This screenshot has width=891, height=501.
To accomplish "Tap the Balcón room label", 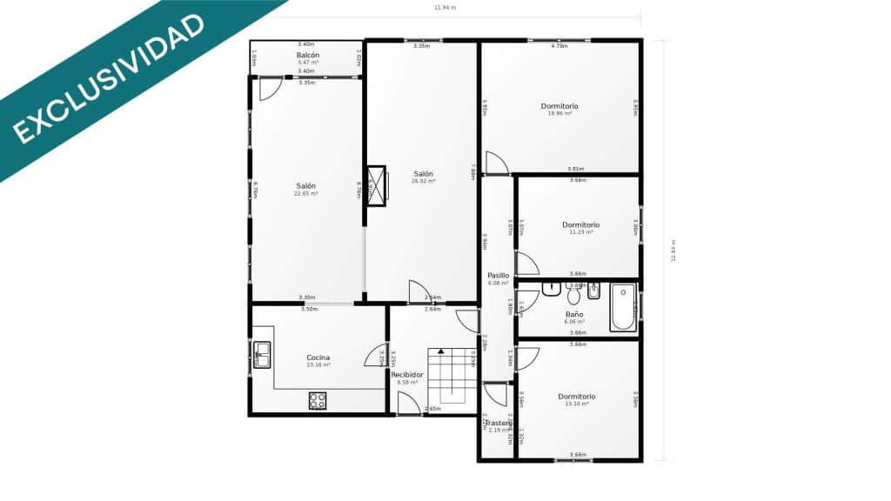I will [308, 55].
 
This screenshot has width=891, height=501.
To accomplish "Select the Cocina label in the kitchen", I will [318, 357].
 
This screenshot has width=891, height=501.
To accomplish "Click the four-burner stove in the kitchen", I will [318, 400].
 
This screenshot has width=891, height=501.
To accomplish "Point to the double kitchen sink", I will [261, 355].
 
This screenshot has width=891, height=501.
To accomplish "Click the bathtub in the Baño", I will [622, 307].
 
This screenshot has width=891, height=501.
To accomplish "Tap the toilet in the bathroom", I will [573, 296].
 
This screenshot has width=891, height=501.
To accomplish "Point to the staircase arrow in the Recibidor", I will [440, 351].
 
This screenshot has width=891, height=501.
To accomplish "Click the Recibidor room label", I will [406, 375].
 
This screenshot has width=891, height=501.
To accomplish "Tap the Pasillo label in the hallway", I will [498, 275].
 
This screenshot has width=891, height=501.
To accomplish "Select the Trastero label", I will [498, 423].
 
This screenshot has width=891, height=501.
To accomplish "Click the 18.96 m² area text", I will [559, 113].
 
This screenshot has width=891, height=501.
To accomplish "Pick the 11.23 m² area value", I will [580, 232].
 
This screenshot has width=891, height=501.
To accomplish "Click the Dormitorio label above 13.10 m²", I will [577, 396].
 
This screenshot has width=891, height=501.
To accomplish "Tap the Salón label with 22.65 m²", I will [305, 185].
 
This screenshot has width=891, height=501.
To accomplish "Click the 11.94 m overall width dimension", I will [445, 8].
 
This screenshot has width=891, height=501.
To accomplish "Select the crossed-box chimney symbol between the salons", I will [376, 185].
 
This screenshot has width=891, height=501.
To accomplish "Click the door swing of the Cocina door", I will [377, 355].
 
